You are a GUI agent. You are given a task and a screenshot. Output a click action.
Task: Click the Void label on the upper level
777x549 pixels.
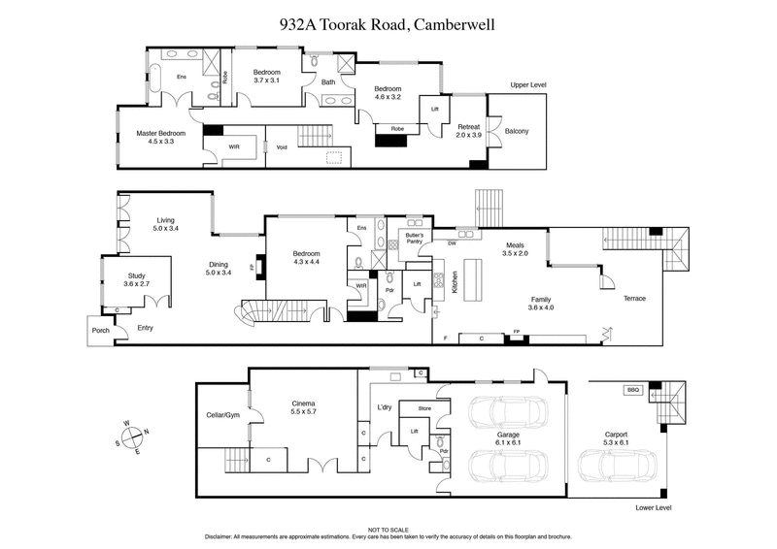point(282,147)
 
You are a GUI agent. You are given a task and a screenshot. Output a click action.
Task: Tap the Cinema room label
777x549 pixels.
point(304,406)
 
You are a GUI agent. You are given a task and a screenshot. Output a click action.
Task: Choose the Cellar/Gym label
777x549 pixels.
point(221,416)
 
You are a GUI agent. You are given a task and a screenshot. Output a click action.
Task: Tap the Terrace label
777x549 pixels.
point(634,298)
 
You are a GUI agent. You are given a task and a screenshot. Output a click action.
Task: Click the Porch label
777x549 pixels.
point(99,329)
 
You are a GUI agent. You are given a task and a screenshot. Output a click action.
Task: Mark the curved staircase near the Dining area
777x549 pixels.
point(255,315)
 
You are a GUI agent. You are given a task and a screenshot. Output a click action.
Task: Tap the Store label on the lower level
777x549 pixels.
point(423,408)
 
